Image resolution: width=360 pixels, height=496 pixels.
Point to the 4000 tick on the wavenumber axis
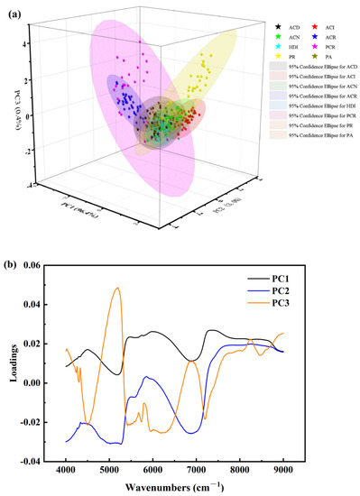coord(66,471)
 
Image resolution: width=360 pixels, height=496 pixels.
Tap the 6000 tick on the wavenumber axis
coord(152,471)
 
